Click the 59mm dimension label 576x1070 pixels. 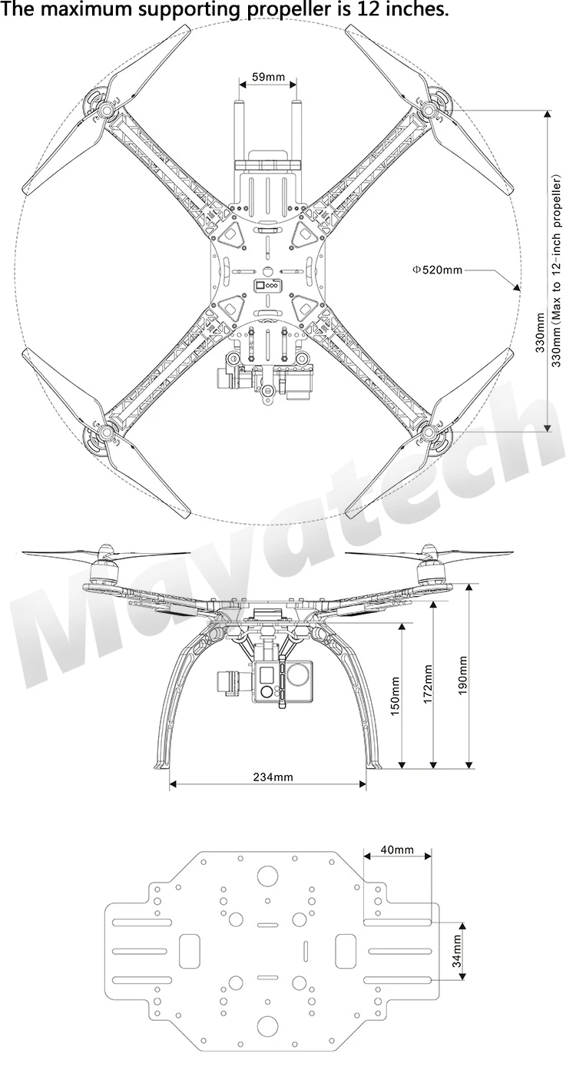[x=269, y=77]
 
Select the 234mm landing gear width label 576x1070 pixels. [x=273, y=777]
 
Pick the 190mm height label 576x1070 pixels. [x=462, y=674]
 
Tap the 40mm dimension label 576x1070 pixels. [x=396, y=850]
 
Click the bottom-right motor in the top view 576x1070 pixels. [x=432, y=432]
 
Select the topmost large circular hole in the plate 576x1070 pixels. [x=268, y=875]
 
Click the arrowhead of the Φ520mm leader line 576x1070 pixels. [x=517, y=287]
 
